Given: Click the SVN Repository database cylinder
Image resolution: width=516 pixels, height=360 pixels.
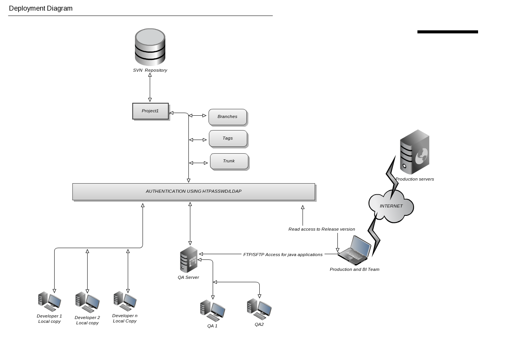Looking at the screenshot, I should [x=150, y=47].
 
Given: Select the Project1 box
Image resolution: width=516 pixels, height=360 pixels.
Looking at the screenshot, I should [x=151, y=111].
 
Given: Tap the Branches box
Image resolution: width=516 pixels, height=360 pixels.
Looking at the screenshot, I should [x=227, y=117].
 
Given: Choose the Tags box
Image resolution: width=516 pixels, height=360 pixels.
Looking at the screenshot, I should [x=228, y=138].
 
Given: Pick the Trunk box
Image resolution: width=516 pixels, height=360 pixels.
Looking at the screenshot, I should [x=229, y=161].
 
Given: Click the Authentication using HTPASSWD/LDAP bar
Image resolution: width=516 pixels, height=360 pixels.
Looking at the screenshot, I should [x=193, y=192].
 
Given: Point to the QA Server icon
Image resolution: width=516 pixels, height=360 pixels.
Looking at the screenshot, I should [x=188, y=259].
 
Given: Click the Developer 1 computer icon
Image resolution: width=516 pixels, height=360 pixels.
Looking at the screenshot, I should [x=49, y=301].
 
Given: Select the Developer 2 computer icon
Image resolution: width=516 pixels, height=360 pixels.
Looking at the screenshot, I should [x=87, y=302].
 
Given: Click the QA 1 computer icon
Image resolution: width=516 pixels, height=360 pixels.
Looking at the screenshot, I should [x=212, y=310].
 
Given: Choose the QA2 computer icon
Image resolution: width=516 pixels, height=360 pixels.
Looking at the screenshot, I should [x=259, y=309].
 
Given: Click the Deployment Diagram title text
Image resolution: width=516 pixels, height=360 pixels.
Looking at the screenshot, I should [x=41, y=8].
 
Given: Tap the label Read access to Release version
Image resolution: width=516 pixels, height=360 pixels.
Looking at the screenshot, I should [x=322, y=229].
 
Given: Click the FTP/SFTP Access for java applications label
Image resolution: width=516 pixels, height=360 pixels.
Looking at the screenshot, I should [x=283, y=255].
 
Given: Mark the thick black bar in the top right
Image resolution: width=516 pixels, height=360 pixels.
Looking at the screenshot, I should [x=447, y=32].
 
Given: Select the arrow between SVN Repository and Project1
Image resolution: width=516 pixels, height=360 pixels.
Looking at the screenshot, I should [x=150, y=87].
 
